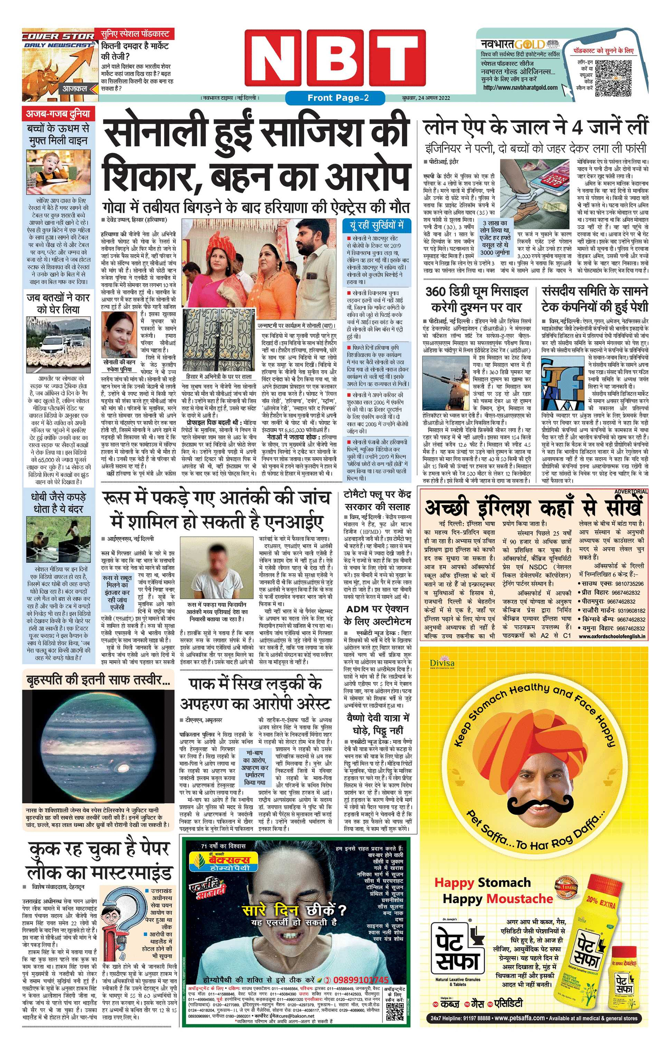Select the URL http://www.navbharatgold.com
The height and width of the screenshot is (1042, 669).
pos(520,87)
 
